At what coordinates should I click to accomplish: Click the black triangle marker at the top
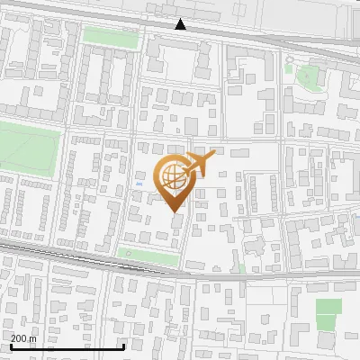[x=181, y=24]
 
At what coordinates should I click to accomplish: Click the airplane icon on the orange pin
[x=200, y=164]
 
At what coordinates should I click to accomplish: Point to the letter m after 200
[x=33, y=338]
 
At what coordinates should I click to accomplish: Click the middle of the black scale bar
[x=67, y=346]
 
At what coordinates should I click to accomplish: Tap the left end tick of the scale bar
[x=10, y=345]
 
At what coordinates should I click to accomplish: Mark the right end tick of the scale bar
[x=123, y=345]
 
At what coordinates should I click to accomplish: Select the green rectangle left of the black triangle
[x=111, y=36]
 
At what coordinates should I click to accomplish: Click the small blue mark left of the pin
[x=138, y=185]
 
